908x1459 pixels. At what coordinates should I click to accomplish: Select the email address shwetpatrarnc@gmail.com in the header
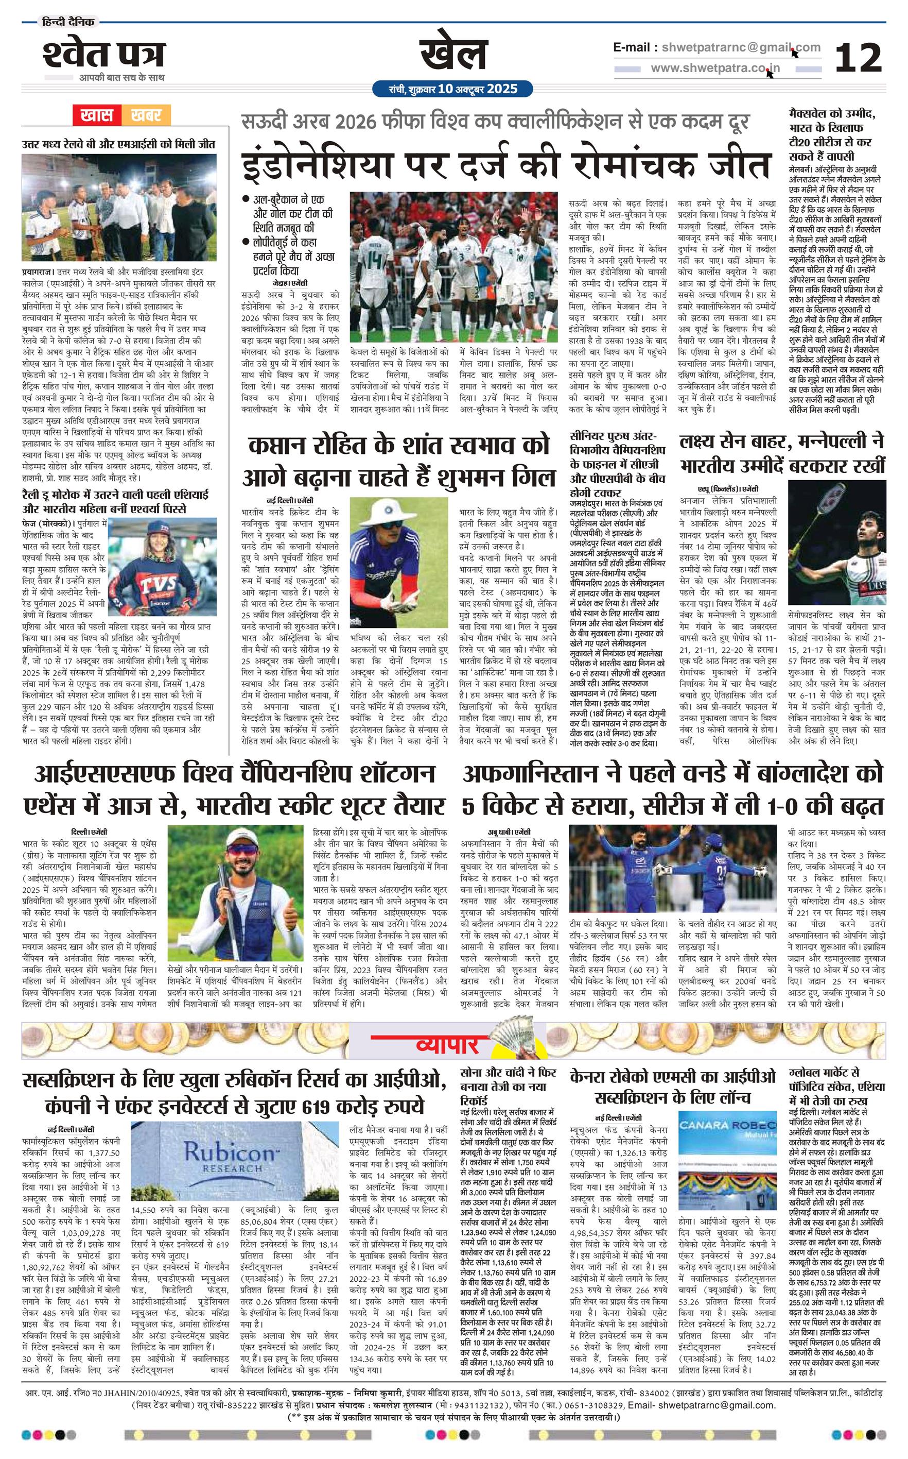point(738,47)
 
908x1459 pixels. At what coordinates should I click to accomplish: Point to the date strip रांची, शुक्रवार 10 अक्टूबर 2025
point(453,90)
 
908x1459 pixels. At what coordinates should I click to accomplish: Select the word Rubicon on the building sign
point(229,1152)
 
